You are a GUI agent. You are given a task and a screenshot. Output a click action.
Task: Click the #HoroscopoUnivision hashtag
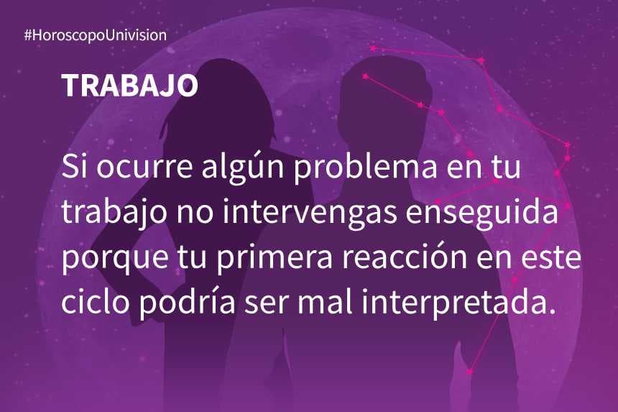point(96,35)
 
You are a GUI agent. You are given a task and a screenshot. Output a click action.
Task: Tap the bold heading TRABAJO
point(129,86)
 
